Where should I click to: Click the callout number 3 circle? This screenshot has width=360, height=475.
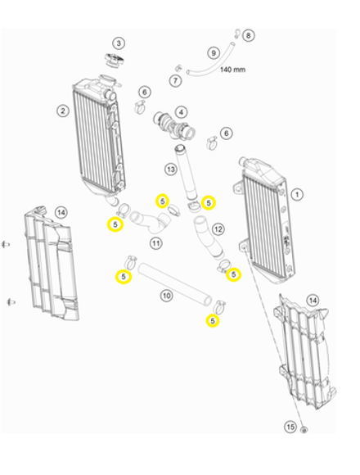(x=119, y=43)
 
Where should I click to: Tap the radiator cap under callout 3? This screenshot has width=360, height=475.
(x=114, y=60)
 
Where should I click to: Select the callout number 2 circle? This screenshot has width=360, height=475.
(x=63, y=111)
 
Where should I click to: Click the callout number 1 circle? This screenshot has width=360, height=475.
(x=297, y=194)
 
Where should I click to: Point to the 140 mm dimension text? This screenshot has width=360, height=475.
(x=232, y=70)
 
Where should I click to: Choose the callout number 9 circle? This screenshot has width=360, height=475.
(x=214, y=53)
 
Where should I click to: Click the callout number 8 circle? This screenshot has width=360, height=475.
(x=249, y=36)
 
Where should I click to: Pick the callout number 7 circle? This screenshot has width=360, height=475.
(x=175, y=80)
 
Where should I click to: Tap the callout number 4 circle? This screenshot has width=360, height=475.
(x=181, y=113)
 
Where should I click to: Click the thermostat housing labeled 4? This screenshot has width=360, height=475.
(x=174, y=126)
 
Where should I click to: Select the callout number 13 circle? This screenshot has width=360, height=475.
(x=171, y=170)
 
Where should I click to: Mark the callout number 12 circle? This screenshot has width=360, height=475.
(x=218, y=229)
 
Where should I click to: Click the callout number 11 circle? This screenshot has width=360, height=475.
(x=155, y=243)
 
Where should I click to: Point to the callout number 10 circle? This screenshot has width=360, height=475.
(x=166, y=296)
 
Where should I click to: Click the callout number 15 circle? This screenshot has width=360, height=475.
(x=290, y=427)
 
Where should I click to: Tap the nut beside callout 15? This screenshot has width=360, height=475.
(x=304, y=430)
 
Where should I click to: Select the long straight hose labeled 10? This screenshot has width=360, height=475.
(x=175, y=284)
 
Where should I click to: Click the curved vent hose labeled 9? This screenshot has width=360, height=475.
(x=211, y=61)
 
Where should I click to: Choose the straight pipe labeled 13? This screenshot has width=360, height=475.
(x=186, y=172)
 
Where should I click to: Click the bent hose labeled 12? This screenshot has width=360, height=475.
(x=208, y=239)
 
